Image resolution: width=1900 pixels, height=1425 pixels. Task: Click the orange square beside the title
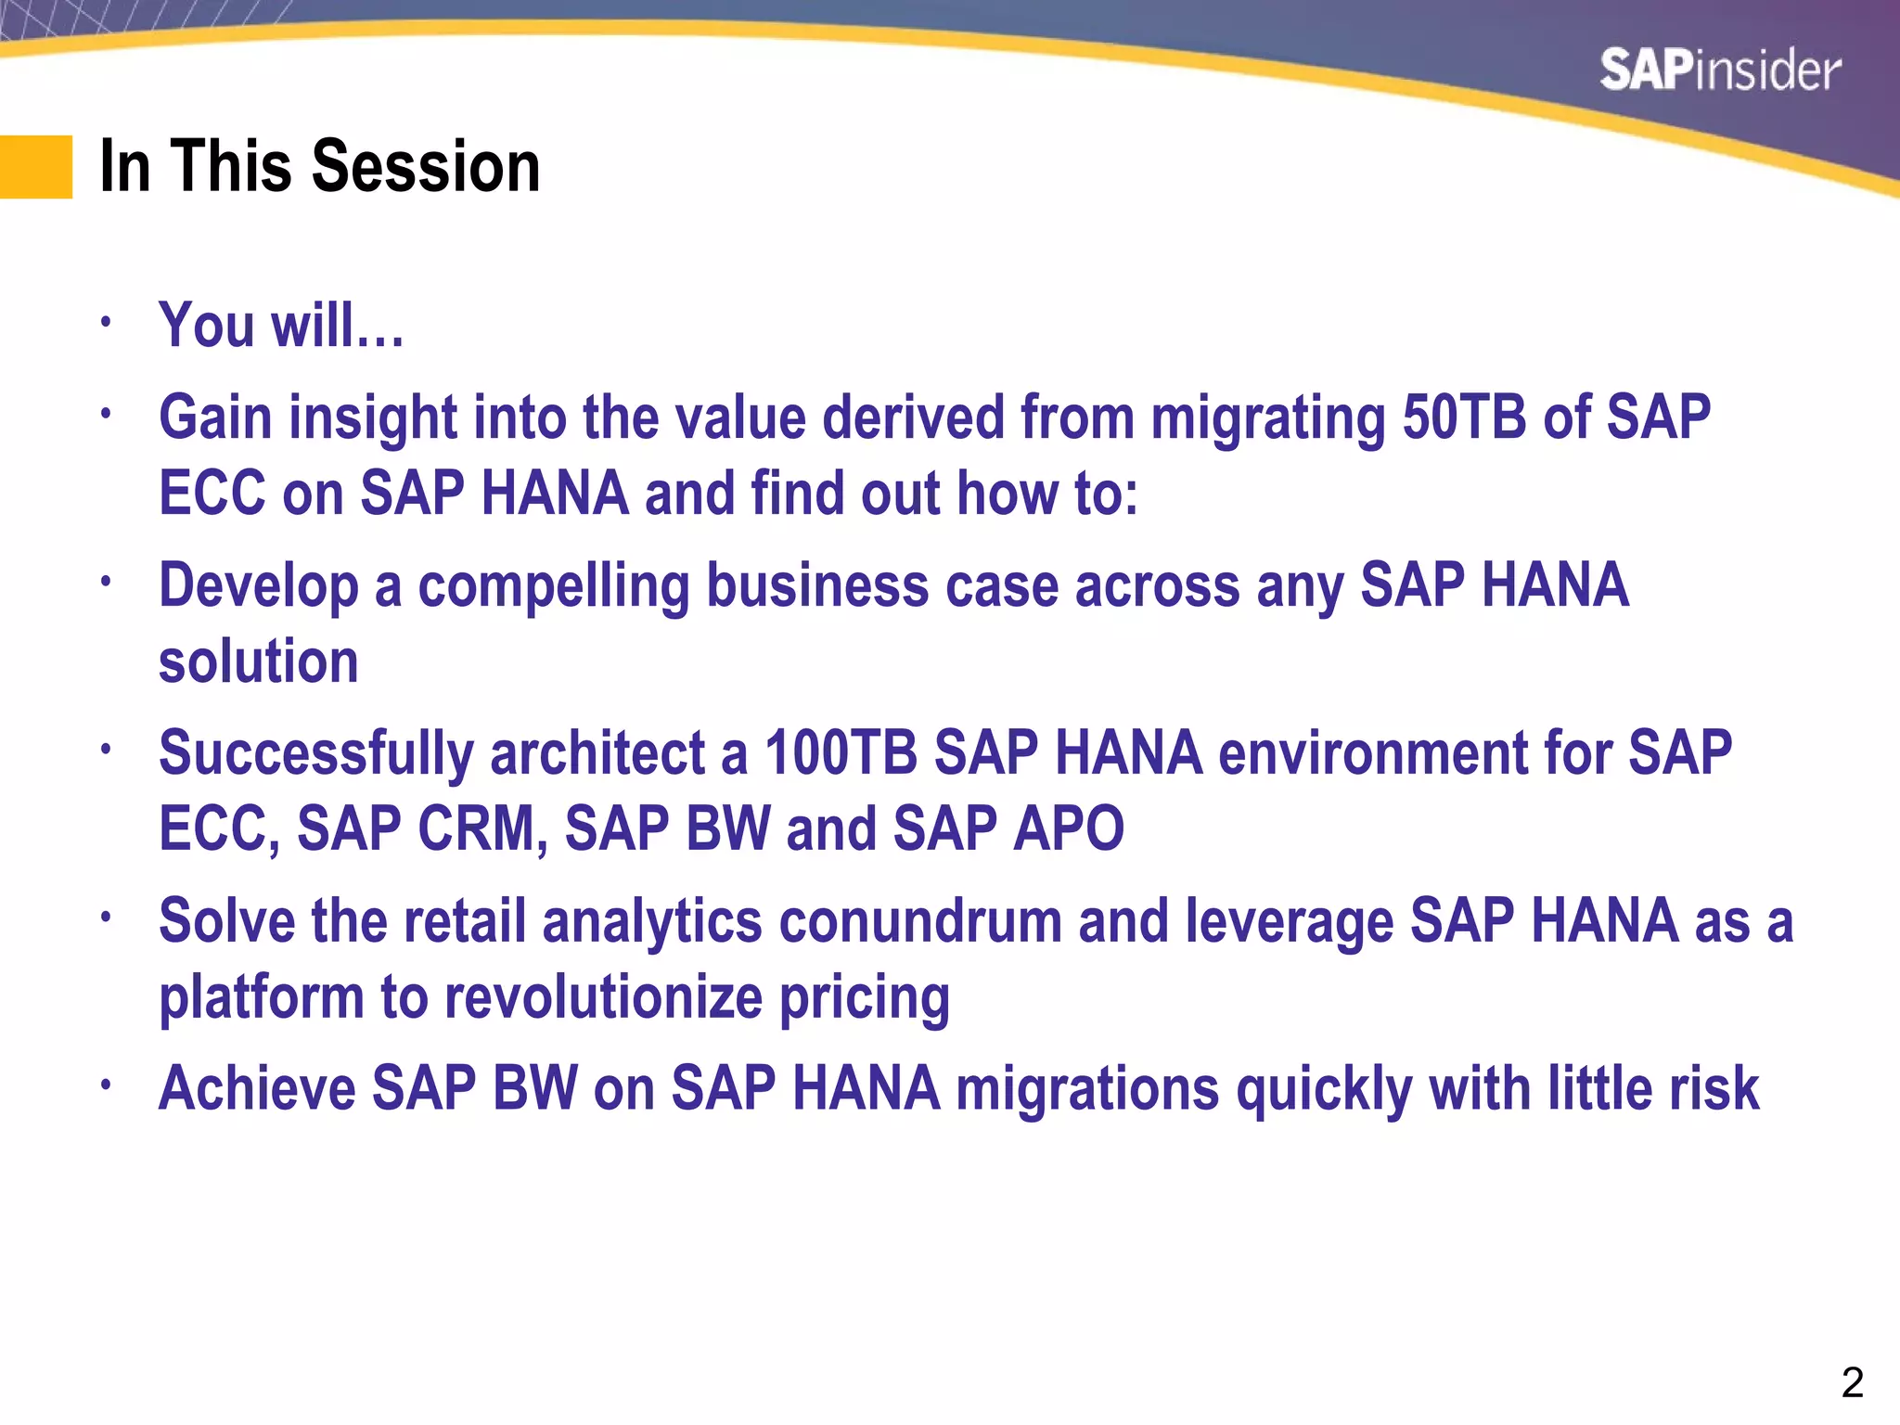(36, 167)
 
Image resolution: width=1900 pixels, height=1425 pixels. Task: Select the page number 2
(1852, 1383)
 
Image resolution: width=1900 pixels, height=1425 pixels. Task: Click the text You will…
(281, 327)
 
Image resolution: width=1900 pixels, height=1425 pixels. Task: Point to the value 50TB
(1463, 417)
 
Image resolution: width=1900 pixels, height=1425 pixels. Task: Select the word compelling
(553, 587)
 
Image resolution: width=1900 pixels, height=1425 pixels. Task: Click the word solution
(258, 661)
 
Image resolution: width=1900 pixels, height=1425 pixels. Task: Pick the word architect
(597, 752)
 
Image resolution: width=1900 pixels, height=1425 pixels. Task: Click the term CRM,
(482, 828)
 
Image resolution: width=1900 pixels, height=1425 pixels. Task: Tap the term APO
(1069, 828)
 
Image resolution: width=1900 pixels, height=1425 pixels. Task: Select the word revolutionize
(603, 998)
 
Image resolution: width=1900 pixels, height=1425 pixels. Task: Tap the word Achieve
(257, 1088)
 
